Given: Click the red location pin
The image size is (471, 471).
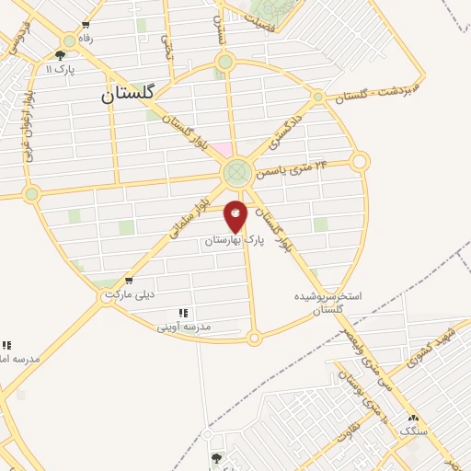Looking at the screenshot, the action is coord(236,215).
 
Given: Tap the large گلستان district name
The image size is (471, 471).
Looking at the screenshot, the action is coord(129,93).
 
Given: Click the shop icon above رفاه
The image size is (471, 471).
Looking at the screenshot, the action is coord(86,26).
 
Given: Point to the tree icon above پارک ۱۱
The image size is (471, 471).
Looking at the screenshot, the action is coord(59,55).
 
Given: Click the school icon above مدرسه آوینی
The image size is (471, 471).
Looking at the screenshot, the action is coord(183,313).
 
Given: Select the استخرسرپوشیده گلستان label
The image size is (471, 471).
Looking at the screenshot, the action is coord(328,304).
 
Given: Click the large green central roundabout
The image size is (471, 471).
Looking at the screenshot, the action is coord(237,172).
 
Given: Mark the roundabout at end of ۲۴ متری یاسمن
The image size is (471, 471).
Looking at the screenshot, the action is coord(359,162).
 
